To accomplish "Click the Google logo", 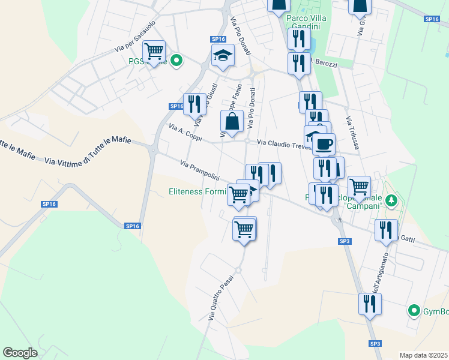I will click(x=20, y=353).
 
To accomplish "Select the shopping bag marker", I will click(x=232, y=122).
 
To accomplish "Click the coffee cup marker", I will click(x=324, y=144).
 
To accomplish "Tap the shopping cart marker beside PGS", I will click(x=154, y=52).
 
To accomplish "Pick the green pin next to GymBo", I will click(x=414, y=311).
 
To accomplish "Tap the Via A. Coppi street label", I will click(x=185, y=133).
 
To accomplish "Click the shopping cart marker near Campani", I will click(x=359, y=187).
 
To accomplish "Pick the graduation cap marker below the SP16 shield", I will click(x=223, y=56).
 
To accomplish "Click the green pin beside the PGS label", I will click(x=176, y=60).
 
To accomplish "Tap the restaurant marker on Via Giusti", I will click(x=194, y=104).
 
